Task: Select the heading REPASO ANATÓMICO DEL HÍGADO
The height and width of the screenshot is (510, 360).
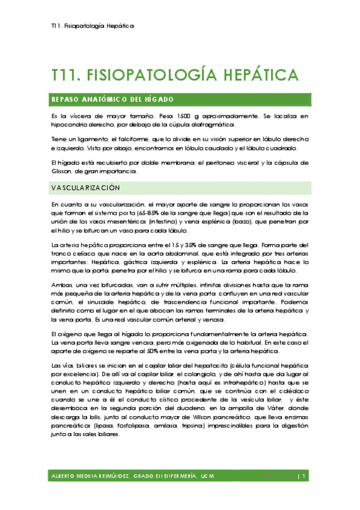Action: [113, 99]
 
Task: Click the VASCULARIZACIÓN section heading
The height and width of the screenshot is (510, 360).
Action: [86, 188]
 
